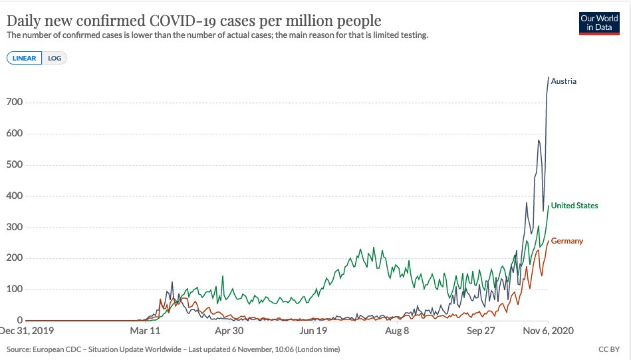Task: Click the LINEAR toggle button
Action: point(25,58)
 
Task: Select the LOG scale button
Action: point(55,58)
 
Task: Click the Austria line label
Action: point(564,81)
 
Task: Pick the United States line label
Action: point(574,206)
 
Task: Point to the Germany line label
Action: point(567,241)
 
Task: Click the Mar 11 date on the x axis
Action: point(146,330)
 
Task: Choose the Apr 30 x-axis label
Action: point(229,330)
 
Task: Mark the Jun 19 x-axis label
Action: point(313,330)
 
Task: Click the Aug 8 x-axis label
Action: point(397,330)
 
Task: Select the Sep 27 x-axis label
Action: point(480,330)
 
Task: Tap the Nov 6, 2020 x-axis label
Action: point(546,330)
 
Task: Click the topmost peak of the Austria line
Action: point(549,78)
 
